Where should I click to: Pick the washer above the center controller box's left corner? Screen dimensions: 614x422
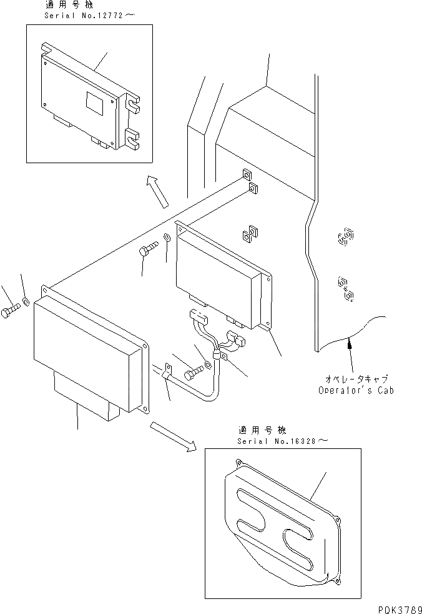[x=167, y=238]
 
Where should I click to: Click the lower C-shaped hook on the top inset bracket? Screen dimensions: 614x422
[x=133, y=139]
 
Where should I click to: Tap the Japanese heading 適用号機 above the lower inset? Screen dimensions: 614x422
[x=262, y=431]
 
